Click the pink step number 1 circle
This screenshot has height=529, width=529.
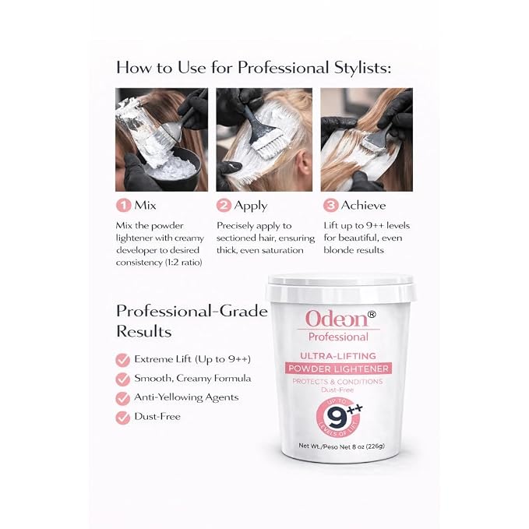pos(123,205)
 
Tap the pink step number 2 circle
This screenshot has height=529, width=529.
pos(224,205)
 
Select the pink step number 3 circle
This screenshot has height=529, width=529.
pos(330,205)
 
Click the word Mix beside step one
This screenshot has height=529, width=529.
pos(145,205)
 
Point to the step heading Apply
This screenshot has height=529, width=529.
pos(251,206)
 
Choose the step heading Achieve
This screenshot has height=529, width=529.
pos(363,205)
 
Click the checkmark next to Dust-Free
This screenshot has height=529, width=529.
pos(123,418)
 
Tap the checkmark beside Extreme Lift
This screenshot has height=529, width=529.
pos(123,360)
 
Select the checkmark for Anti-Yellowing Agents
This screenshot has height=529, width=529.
pos(123,398)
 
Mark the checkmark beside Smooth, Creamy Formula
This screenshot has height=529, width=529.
pos(123,379)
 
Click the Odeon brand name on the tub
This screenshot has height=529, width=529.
pos(337,319)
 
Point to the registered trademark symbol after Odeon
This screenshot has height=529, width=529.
pos(371,315)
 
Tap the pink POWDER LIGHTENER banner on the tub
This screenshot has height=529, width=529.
pos(338,369)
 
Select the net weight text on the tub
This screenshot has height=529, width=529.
pos(341,446)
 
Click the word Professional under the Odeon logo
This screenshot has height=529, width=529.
pos(338,337)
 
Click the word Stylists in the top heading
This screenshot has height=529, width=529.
pos(363,68)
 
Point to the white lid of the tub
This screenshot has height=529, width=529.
pos(340,288)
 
